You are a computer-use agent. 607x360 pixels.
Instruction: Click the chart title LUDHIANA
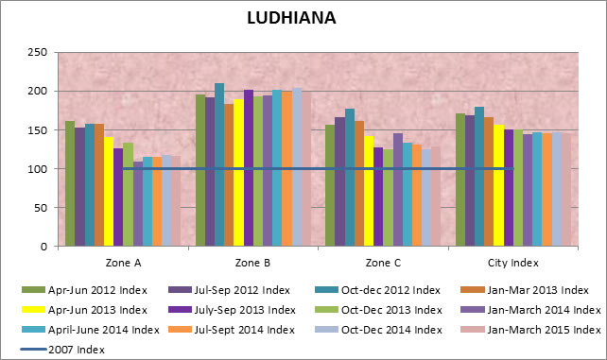click(290, 18)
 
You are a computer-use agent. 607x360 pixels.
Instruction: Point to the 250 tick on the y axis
click(37, 53)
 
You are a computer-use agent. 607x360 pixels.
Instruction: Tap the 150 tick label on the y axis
click(37, 130)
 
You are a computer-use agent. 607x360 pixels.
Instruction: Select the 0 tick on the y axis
click(43, 247)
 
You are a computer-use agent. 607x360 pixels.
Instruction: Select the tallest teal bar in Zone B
click(219, 164)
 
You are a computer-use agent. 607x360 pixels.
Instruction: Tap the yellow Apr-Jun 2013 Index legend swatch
click(31, 309)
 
